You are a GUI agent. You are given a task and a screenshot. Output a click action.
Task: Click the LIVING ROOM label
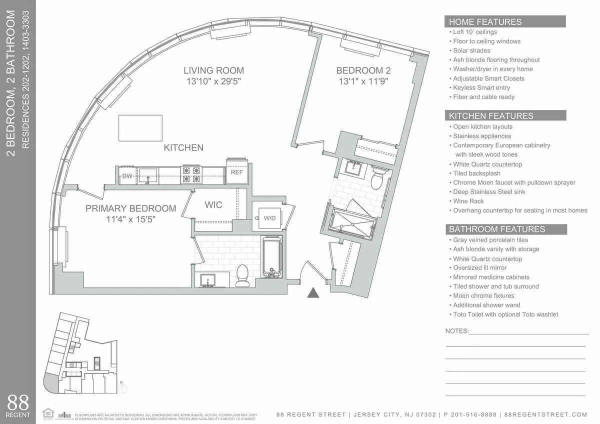(213, 70)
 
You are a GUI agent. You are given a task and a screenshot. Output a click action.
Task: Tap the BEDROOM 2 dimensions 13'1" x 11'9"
(363, 81)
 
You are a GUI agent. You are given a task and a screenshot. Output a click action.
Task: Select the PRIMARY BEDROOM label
(130, 208)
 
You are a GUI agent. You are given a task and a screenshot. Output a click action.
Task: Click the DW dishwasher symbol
(127, 175)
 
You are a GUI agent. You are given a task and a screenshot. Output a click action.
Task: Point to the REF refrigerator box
(237, 172)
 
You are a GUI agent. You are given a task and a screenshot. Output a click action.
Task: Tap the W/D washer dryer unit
(269, 218)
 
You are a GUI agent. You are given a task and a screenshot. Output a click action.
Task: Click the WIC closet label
(213, 205)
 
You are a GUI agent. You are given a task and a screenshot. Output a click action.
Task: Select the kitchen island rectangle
(140, 128)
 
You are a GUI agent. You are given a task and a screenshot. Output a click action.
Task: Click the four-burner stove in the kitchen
(190, 174)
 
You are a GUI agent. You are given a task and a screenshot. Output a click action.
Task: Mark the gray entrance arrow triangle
(313, 293)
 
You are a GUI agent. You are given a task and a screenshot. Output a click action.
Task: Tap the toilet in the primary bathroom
(242, 275)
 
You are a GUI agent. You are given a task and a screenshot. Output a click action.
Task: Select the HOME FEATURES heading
(485, 22)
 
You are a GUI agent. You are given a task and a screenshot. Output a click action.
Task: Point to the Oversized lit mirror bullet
(479, 268)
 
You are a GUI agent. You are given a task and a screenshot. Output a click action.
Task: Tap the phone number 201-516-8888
(473, 414)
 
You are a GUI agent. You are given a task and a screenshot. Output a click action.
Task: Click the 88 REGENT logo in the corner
(18, 405)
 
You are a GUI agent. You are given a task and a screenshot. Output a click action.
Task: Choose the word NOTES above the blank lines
(456, 331)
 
